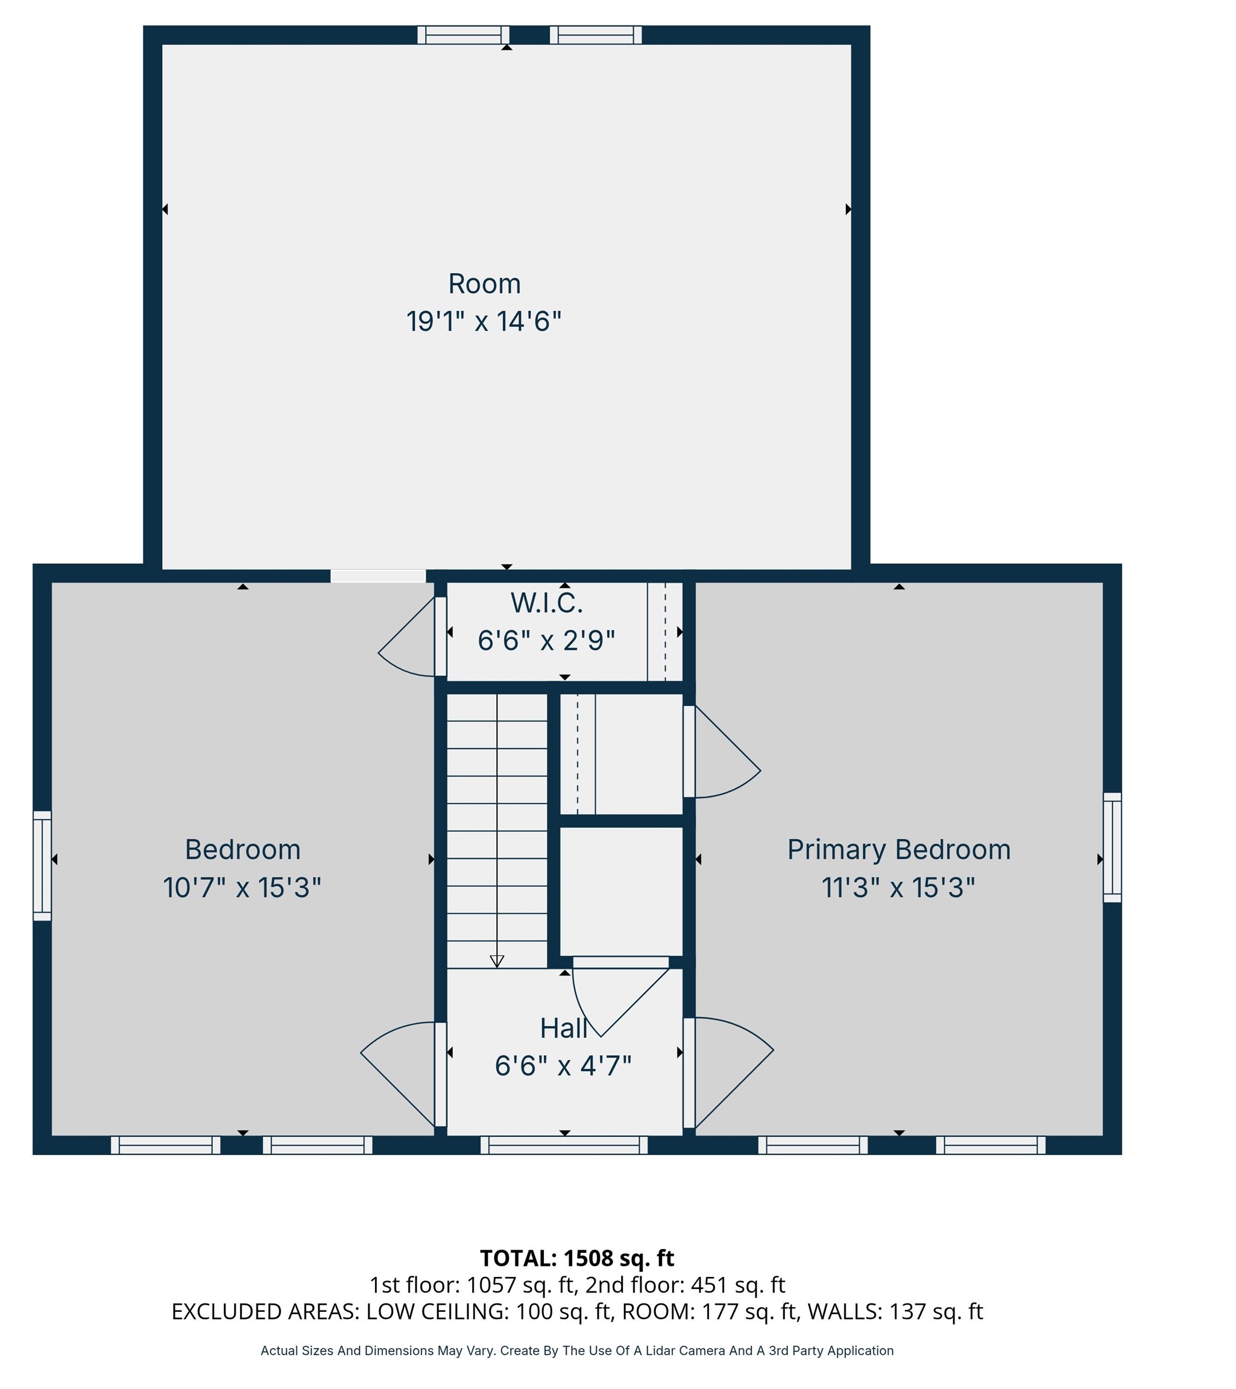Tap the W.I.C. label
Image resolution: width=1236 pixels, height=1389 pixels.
coord(546,603)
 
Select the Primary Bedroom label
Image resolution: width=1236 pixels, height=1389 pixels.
coord(898,850)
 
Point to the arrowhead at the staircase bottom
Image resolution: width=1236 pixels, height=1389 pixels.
coord(497,962)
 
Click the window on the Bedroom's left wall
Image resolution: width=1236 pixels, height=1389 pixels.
coord(42,866)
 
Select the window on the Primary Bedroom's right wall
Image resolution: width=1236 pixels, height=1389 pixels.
coord(1112,848)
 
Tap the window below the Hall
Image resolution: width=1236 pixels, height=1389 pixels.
coord(564,1145)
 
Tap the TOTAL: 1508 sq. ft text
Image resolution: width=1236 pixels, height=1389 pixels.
coord(576,1259)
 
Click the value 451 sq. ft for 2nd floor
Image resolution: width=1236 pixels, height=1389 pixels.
coord(737,1285)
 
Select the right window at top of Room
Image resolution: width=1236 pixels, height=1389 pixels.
coord(595,34)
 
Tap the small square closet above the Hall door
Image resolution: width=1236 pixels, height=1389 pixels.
coord(620,891)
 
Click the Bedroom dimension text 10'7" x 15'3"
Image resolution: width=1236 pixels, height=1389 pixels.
coord(242,888)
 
